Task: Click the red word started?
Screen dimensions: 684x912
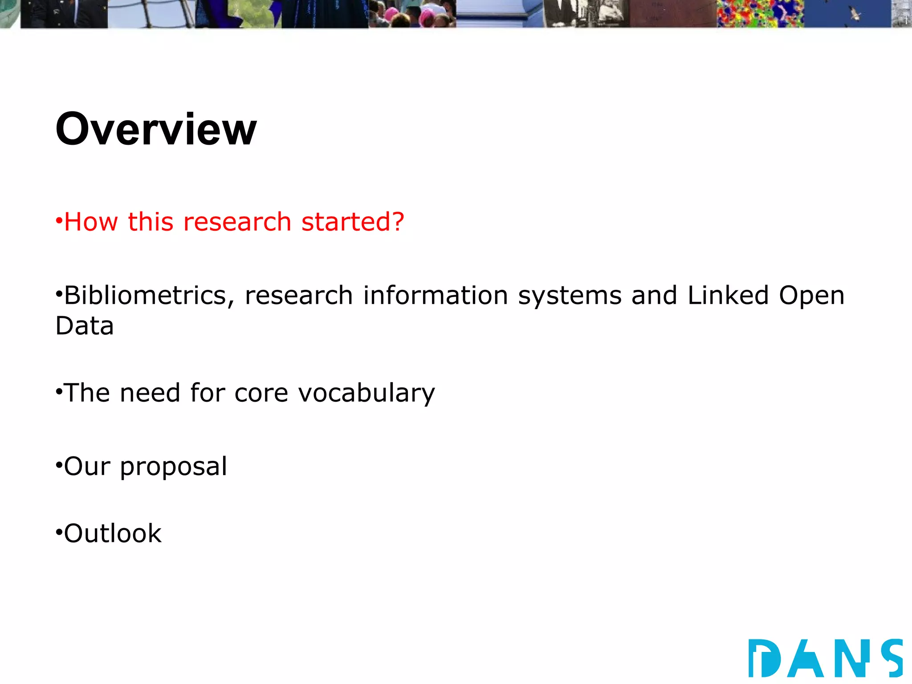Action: coord(353,222)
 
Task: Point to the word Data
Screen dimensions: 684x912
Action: coord(85,326)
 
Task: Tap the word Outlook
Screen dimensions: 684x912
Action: coord(112,533)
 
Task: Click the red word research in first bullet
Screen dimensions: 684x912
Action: coord(237,222)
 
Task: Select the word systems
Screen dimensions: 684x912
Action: coord(570,296)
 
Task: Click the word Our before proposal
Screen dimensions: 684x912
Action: coord(87,467)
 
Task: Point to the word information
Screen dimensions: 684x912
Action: coord(435,296)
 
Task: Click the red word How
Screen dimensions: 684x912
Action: coord(91,222)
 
